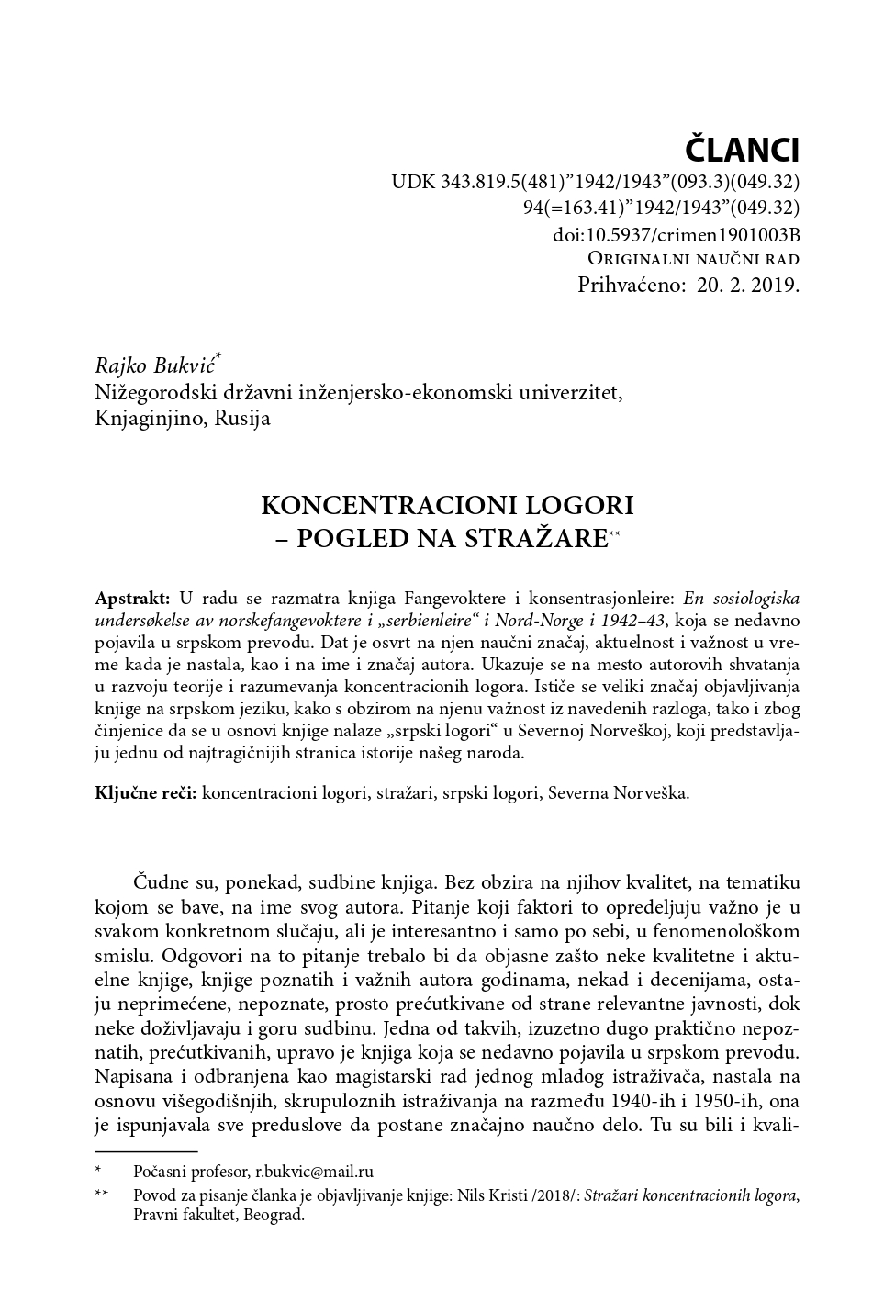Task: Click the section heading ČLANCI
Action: click(743, 149)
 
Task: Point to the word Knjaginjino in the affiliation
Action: click(151, 419)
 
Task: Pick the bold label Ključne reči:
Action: click(145, 792)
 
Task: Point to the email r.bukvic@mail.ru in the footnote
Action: click(314, 1172)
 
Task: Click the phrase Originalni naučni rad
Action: click(693, 258)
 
